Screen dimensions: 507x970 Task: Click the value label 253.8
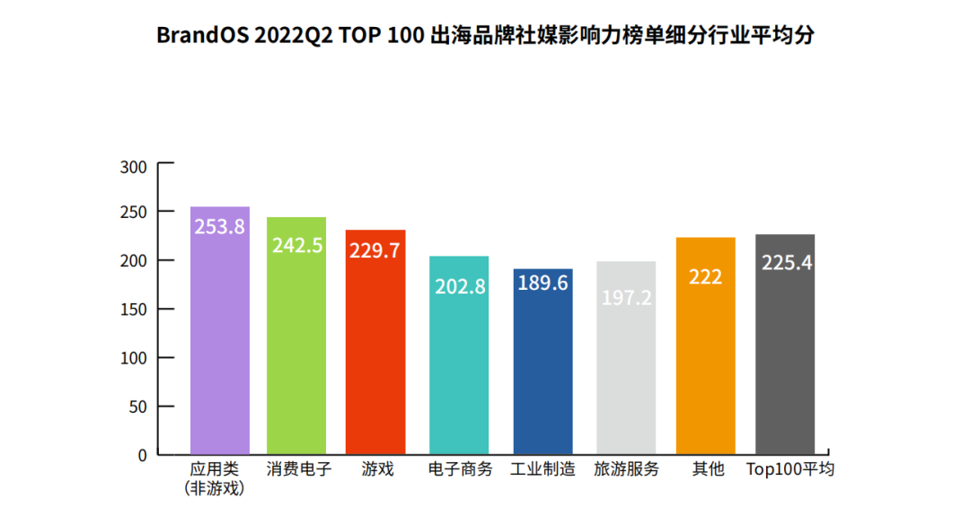click(220, 227)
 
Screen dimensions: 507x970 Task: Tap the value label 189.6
click(543, 284)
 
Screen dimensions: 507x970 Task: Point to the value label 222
click(706, 277)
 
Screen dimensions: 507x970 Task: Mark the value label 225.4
click(787, 263)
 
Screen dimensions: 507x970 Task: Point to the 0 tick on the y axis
click(141, 455)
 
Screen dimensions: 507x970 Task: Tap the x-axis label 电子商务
click(460, 469)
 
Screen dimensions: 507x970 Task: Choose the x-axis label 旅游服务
click(627, 469)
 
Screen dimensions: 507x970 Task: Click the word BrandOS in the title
click(200, 35)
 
